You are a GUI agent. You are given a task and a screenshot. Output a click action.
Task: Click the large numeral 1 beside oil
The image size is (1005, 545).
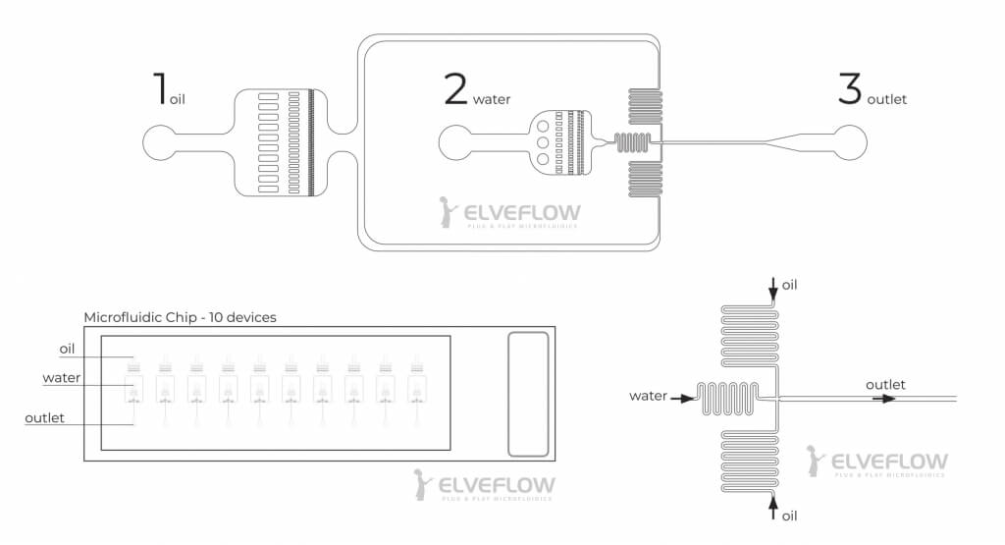pos(159,87)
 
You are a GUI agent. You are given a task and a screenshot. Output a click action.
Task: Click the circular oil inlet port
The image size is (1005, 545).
pos(159,143)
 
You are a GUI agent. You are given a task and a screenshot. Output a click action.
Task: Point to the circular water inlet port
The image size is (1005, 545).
pos(455,143)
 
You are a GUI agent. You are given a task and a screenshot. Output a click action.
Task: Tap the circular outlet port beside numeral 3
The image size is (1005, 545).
pos(850,143)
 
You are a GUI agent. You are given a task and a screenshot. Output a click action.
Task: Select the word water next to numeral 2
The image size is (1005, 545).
pos(492,99)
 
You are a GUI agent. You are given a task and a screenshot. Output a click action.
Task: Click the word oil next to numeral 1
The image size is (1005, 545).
pos(178,99)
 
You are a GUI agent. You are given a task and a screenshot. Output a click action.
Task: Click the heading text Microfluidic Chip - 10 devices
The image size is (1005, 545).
pos(180,317)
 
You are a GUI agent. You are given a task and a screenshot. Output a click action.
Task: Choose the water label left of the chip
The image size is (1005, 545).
pos(62,378)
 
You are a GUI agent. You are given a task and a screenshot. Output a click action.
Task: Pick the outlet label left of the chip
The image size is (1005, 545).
pos(45,417)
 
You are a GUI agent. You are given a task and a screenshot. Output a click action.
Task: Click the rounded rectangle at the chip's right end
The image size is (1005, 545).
pos(528,394)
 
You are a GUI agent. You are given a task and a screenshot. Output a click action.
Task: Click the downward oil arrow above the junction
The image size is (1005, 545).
pos(774,287)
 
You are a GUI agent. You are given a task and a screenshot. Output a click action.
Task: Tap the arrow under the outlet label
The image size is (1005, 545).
pos(887,399)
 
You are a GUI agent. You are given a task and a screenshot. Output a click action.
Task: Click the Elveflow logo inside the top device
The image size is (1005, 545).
pos(509,213)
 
